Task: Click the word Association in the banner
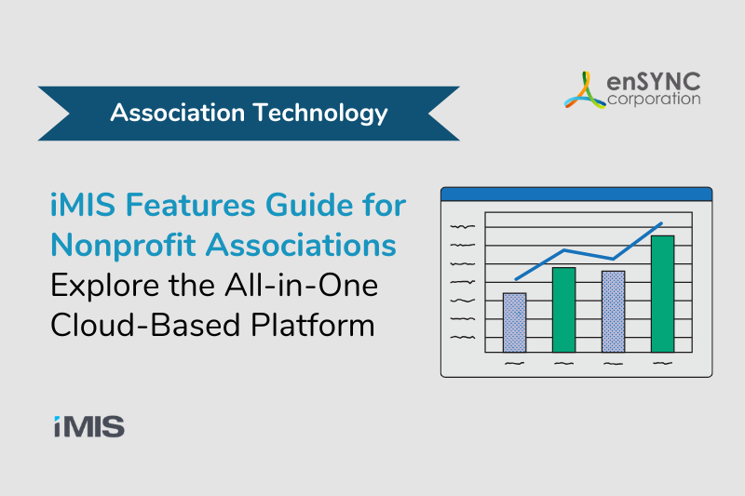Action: click(x=177, y=113)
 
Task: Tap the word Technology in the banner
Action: click(x=320, y=114)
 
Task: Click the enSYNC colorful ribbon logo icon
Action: click(x=585, y=90)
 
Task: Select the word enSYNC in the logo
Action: click(x=654, y=82)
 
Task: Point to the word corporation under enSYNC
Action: click(x=654, y=100)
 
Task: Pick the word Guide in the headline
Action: click(x=310, y=205)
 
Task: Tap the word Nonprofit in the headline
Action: click(x=123, y=246)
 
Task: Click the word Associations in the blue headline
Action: click(x=301, y=245)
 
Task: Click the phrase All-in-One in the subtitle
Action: click(x=301, y=286)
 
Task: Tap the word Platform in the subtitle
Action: click(x=313, y=325)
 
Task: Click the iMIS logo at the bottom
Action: click(x=89, y=426)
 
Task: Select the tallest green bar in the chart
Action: click(x=662, y=294)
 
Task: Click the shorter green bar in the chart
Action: click(x=564, y=310)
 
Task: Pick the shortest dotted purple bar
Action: click(x=515, y=323)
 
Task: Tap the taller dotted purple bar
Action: click(x=614, y=312)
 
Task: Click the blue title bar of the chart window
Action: click(x=576, y=194)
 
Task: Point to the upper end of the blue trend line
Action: click(x=661, y=222)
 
